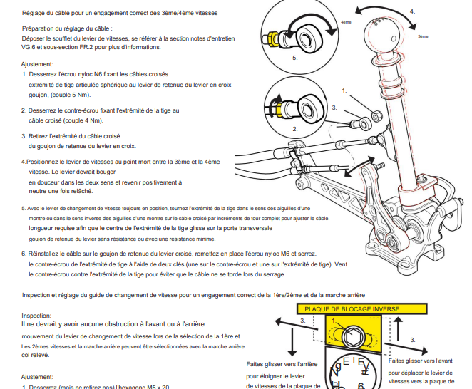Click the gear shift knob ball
pos(385,33)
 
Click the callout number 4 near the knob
pos(413,11)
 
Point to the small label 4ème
pos(347,21)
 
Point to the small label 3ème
pos(423,36)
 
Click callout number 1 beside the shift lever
pos(344,90)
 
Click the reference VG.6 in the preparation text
pos(31,47)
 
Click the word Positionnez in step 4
pos(46,162)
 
